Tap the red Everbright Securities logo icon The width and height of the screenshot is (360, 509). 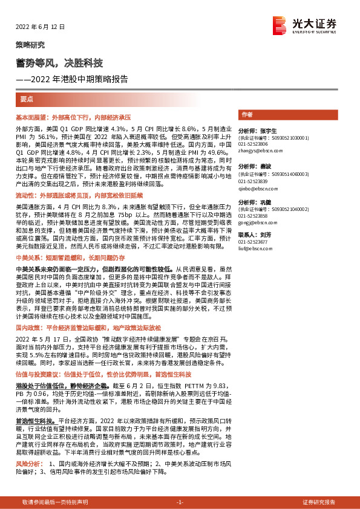[x=280, y=25]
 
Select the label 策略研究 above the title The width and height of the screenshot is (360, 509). [x=30, y=45]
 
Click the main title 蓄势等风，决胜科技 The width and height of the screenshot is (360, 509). [x=59, y=63]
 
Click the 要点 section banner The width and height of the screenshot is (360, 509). [x=26, y=99]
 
